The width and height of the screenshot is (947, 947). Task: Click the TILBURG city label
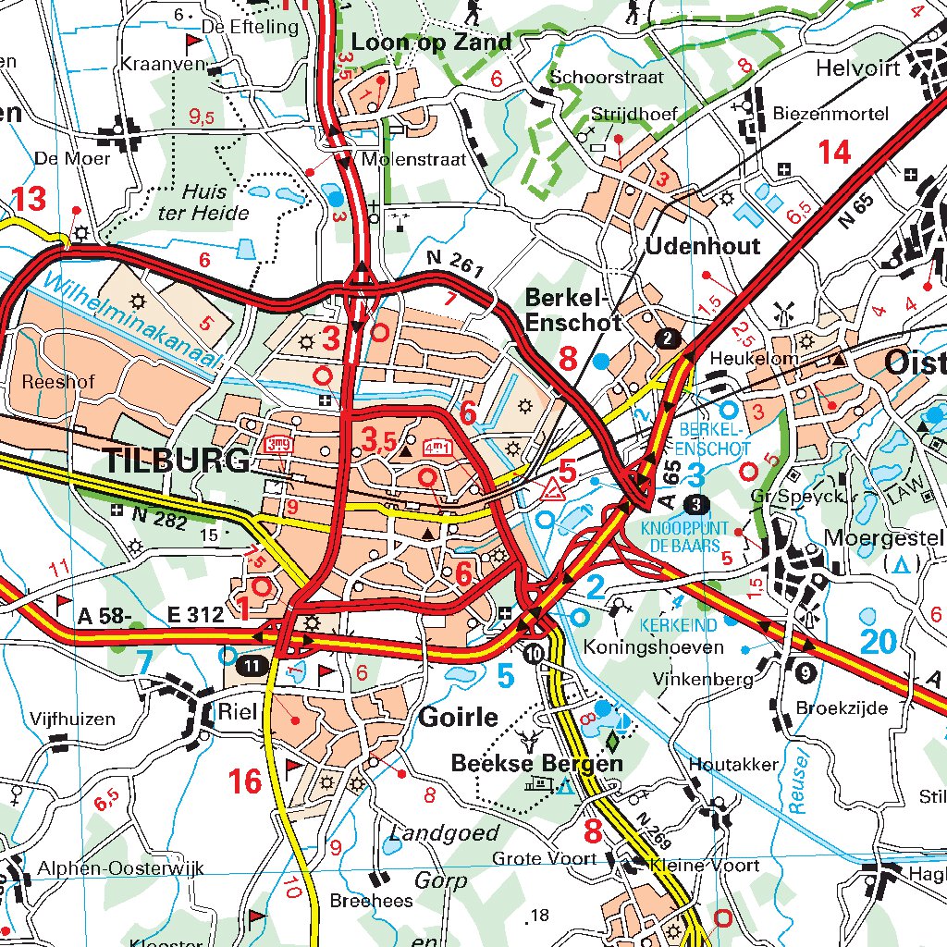[177, 460]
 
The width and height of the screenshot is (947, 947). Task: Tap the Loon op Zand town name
[431, 42]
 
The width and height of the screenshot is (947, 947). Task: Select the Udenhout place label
[703, 246]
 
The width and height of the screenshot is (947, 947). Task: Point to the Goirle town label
[459, 718]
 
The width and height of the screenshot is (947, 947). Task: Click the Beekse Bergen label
[536, 764]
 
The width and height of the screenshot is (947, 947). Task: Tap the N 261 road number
[456, 265]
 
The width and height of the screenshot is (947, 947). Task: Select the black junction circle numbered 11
[252, 665]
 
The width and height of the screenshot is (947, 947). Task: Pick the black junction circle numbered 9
[806, 671]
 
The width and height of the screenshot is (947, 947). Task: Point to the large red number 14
[834, 153]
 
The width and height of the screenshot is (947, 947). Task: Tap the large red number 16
[245, 781]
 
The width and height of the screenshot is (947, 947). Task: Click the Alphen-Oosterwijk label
[120, 869]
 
